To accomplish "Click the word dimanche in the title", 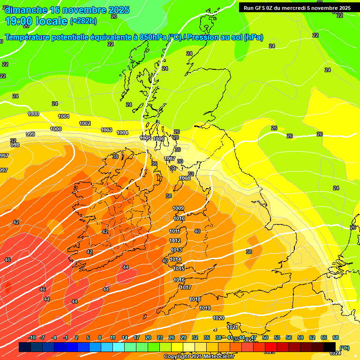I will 26,10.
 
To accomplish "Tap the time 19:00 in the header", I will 19,21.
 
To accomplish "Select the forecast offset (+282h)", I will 83,21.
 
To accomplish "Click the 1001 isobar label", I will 64,116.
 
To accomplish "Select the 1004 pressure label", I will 122,133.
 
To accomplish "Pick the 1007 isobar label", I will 170,158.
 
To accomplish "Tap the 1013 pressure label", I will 176,250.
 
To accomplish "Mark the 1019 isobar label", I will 205,308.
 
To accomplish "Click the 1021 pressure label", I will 232,327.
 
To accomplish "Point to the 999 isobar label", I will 30,134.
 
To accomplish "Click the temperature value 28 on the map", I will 176,138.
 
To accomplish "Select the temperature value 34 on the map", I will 172,168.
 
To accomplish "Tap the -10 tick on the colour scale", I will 32,337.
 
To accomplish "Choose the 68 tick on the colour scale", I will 336,337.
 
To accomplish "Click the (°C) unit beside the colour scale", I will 344,348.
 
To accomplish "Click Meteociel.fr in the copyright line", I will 216,357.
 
